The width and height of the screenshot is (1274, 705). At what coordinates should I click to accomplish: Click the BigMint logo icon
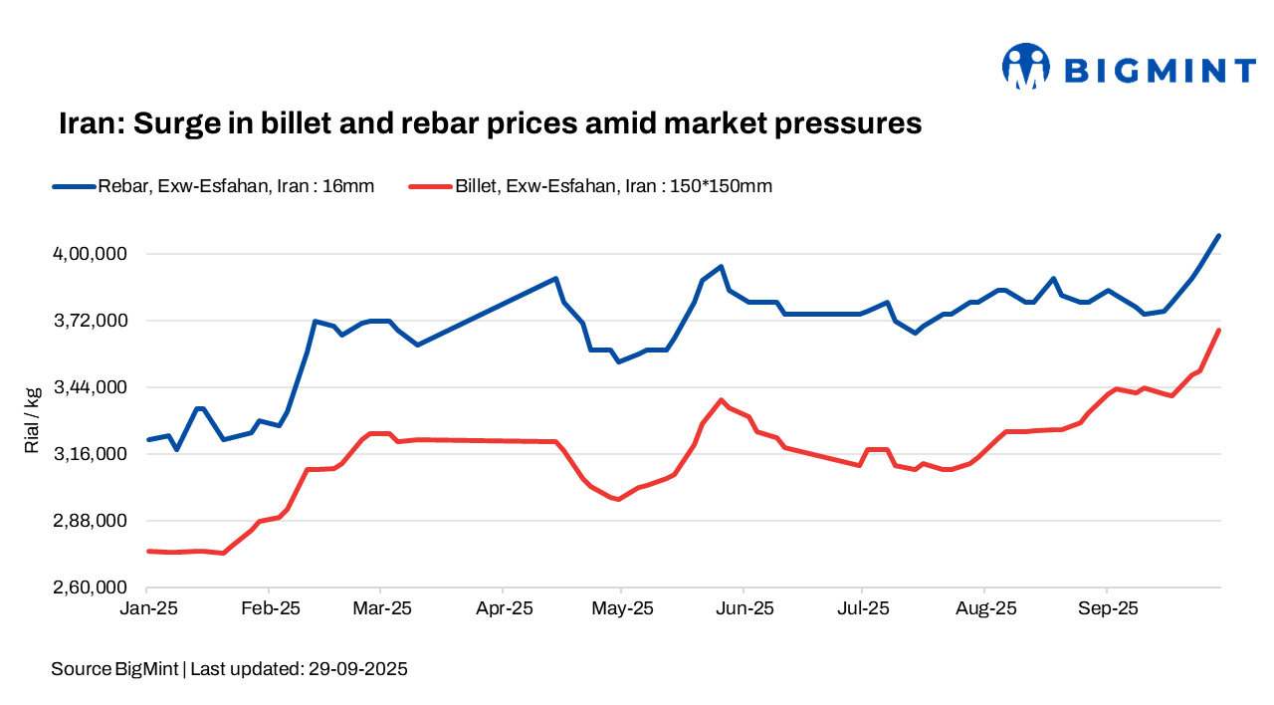tap(1026, 67)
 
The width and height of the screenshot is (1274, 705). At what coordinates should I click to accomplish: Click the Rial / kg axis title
tap(33, 420)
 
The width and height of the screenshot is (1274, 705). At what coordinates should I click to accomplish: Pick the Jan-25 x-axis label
tap(147, 608)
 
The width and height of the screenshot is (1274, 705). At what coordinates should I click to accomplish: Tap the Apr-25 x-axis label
tap(504, 608)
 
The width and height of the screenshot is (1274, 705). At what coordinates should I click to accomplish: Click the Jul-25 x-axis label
tap(862, 608)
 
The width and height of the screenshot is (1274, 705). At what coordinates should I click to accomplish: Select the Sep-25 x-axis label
tap(1108, 608)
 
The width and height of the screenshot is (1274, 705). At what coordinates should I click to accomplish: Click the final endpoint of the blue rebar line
tap(1219, 236)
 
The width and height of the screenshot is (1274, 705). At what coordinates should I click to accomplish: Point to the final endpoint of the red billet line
tap(1219, 331)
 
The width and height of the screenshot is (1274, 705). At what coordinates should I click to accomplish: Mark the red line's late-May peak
tap(722, 400)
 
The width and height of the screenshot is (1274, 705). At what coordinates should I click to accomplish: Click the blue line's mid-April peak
tap(556, 279)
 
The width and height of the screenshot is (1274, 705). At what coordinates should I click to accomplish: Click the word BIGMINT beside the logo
tap(1160, 70)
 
